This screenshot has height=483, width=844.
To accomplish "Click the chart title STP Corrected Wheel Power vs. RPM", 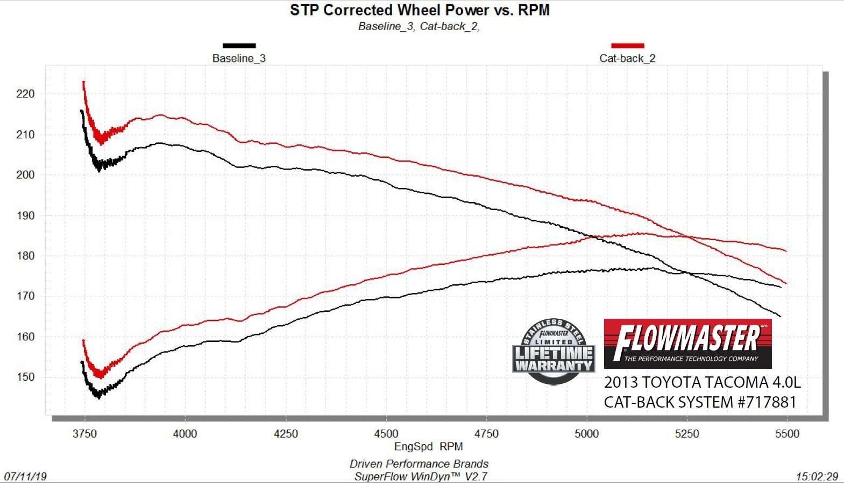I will point(420,10).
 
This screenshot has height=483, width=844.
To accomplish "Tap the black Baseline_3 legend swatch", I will point(239,46).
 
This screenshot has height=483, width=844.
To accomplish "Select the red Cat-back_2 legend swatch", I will point(627,46).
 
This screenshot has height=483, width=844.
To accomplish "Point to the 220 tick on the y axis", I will point(25,94).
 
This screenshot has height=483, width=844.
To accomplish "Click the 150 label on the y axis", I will point(25,377).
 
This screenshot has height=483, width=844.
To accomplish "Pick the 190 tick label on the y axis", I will point(25,215).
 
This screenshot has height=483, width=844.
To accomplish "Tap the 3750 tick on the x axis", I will point(84,434).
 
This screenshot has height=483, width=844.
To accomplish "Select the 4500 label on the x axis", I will point(386,434).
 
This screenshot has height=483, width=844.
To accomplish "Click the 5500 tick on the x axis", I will point(787,434).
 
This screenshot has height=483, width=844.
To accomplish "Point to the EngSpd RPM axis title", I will point(428,446).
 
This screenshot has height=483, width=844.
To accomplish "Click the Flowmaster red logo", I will point(687,344).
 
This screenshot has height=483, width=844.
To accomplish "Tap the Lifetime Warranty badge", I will point(554,351).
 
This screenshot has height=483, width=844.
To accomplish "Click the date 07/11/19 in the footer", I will point(25,477).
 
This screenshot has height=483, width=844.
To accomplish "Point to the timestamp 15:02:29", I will point(817,477).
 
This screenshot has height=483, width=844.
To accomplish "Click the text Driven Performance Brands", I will point(419,464).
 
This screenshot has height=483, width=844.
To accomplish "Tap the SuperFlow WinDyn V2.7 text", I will point(421,477).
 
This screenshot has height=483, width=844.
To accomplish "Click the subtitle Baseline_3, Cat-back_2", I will point(419,26).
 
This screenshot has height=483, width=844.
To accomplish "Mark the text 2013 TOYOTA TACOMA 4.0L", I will point(702,382).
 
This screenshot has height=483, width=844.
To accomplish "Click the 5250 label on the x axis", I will point(687,434).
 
